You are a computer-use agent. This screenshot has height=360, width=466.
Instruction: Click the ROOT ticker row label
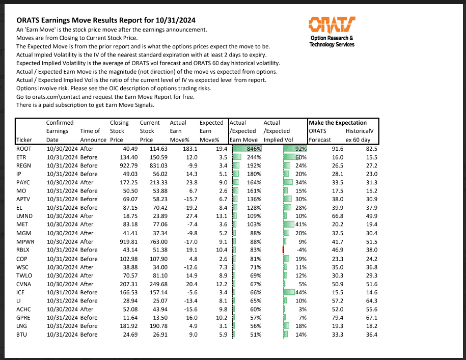click(24, 148)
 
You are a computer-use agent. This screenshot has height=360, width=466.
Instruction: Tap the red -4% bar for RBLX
click(283, 250)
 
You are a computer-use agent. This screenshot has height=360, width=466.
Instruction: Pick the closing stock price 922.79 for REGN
click(118, 165)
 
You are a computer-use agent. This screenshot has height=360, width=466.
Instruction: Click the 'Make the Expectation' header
click(337, 123)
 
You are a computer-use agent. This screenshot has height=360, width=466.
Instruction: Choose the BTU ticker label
click(22, 335)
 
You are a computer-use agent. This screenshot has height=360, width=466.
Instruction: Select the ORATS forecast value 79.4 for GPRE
click(337, 318)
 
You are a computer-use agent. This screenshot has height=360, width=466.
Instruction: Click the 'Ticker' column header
click(24, 140)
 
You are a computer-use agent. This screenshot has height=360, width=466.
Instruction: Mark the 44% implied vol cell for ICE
click(298, 292)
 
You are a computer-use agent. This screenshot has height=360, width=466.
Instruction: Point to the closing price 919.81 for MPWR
click(118, 241)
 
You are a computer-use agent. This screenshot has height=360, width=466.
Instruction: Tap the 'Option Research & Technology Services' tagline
click(332, 41)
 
